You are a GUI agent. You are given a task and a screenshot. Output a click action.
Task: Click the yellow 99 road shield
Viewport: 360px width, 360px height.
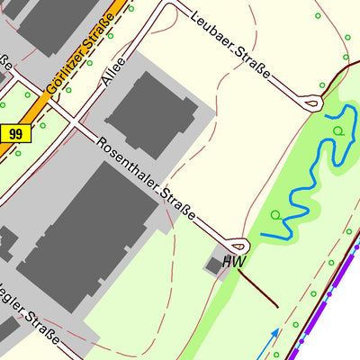15,133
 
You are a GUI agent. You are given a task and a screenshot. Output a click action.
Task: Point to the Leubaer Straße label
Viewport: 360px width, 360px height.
231,43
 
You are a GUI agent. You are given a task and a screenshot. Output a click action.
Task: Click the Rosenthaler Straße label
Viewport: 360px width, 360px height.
147,177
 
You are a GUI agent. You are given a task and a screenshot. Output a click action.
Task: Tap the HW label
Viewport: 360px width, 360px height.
234,262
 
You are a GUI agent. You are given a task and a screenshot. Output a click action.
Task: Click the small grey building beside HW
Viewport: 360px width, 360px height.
214,265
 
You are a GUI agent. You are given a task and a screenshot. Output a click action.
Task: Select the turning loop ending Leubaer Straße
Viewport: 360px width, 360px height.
312,103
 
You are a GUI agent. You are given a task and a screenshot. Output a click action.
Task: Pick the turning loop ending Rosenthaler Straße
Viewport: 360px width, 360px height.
238,244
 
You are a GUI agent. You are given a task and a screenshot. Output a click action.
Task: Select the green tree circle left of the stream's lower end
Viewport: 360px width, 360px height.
275,215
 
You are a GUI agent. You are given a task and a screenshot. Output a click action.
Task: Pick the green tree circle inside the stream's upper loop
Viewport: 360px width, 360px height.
337,131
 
